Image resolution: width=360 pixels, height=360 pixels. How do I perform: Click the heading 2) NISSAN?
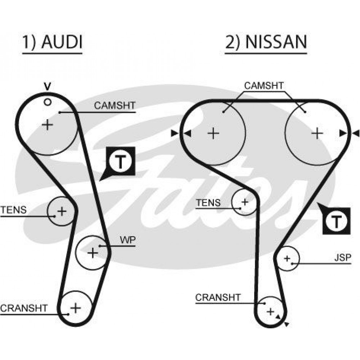click(266, 42)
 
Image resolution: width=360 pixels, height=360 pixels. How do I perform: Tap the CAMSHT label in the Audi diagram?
click(114, 105)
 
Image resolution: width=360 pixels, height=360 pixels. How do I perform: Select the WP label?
click(127, 240)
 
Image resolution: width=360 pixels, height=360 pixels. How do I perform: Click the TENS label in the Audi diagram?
click(13, 210)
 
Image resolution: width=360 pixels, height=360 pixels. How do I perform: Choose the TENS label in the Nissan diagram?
click(208, 203)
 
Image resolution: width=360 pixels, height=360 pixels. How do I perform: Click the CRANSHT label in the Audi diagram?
click(24, 308)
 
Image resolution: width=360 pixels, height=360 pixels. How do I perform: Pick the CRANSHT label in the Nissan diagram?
click(217, 297)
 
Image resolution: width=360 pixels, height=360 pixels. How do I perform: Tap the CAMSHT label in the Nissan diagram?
click(264, 86)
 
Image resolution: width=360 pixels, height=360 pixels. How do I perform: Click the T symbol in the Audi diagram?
click(121, 163)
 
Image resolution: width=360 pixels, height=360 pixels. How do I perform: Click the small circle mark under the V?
click(47, 102)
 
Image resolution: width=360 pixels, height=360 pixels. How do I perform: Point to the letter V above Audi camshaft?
click(47, 86)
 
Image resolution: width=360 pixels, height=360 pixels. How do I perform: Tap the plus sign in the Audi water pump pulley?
click(93, 252)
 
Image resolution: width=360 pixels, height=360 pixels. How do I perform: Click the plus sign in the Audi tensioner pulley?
click(62, 211)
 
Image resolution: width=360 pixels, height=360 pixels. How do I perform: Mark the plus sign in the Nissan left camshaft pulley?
click(213, 134)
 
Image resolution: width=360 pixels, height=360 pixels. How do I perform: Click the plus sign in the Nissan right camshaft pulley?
click(317, 134)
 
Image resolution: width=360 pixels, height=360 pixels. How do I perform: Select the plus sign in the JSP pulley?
click(287, 258)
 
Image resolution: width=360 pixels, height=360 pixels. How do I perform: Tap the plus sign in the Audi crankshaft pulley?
click(75, 308)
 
